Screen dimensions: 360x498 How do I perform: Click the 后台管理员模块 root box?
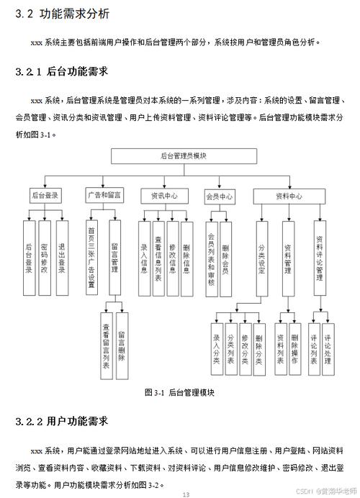pos(184,156)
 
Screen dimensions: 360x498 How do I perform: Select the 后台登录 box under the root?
pos(45,195)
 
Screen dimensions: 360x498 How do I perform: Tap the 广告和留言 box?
pos(104,195)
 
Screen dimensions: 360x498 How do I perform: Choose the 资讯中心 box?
pos(164,196)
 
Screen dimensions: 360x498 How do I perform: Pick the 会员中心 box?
pos(220,196)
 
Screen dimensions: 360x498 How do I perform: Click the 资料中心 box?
pos(289,196)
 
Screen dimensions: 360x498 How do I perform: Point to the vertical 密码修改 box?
pos(45,258)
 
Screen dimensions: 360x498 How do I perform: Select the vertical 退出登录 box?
pos(62,258)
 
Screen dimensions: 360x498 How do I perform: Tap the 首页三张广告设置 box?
pos(91,257)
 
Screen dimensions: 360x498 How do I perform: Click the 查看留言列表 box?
pos(106,346)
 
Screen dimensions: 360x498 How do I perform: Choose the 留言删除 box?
pos(122,346)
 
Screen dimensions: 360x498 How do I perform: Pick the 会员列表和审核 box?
pos(211,259)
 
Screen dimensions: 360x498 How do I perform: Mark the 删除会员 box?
pos(225,259)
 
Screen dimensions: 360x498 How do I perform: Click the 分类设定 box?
pos(262,259)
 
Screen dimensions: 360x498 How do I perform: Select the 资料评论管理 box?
pos(320,258)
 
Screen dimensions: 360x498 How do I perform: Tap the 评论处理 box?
pos(328,349)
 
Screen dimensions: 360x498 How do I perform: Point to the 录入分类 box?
pos(217,349)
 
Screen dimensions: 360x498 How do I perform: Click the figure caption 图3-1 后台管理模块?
pos(179,392)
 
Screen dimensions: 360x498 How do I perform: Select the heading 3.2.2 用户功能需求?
pos(62,422)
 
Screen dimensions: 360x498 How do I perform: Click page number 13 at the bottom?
pos(186,494)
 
